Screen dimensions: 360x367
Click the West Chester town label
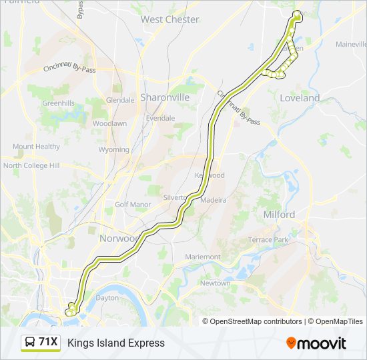point(169,19)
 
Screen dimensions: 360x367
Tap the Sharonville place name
point(165,97)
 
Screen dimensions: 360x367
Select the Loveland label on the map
point(300,98)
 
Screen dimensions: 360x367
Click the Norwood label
point(118,239)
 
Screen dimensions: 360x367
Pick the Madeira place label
point(214,199)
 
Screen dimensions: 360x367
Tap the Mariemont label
point(203,257)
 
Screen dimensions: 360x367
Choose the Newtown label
point(215,283)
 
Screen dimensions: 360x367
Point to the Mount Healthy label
point(36,147)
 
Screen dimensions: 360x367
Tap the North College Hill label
point(31,165)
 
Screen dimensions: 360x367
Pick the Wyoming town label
point(113,150)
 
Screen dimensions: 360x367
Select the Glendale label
point(120,100)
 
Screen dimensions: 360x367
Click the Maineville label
point(346,44)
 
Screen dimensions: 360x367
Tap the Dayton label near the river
point(107,298)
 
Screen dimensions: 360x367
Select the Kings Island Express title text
point(115,343)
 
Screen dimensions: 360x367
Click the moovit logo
point(316,343)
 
